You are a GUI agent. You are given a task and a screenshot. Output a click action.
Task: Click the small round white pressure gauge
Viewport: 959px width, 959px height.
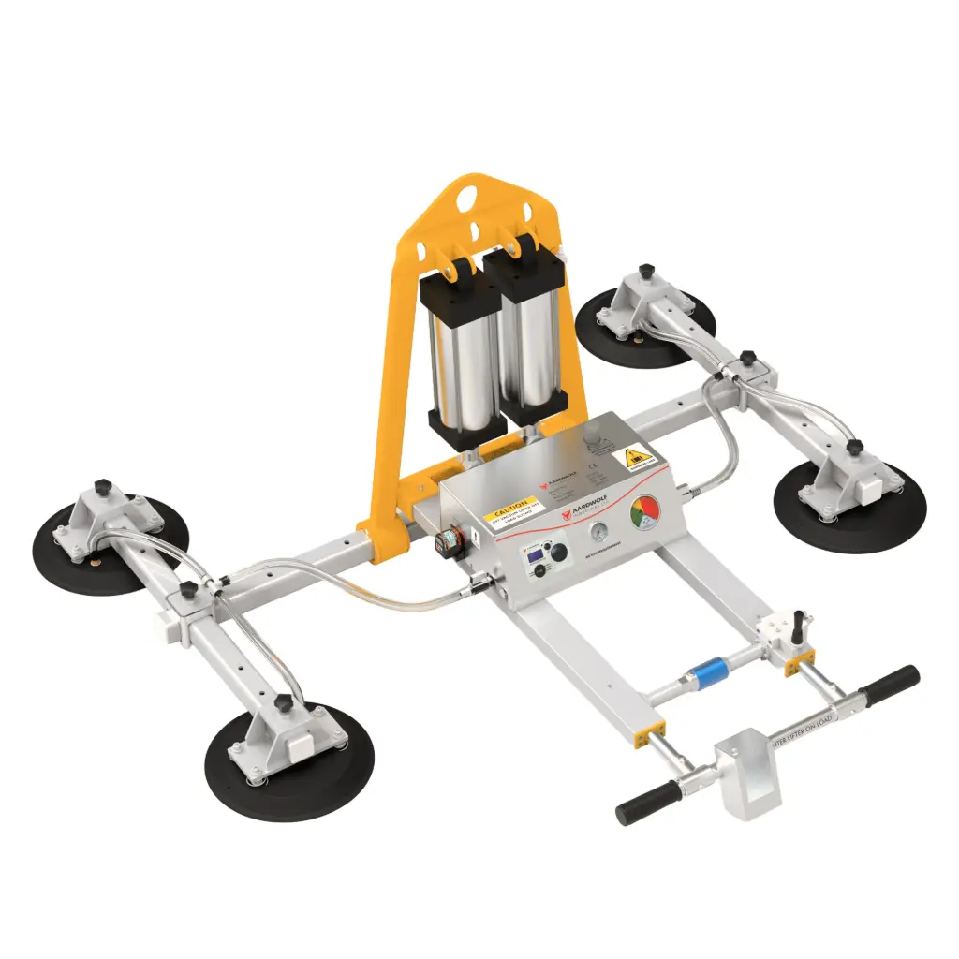tap(597, 533)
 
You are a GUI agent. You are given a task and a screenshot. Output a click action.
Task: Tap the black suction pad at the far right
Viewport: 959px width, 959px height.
tap(849, 507)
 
